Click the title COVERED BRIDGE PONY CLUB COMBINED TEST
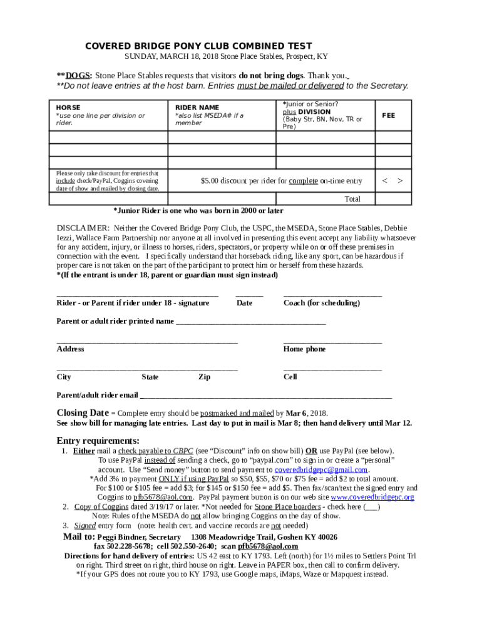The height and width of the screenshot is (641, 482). pos(198,46)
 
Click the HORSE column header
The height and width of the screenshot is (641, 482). pos(68,108)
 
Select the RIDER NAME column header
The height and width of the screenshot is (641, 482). pos(197,108)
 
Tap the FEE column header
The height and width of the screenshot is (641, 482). pos(389,116)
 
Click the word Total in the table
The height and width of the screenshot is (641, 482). pos(353,199)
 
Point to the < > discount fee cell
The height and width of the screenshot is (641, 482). pos(392,181)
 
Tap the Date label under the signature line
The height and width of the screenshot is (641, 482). pos(244,303)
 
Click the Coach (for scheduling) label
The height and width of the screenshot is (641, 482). pos(322,303)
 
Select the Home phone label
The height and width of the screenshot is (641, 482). pos(304,349)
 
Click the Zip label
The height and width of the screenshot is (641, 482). pos(204,377)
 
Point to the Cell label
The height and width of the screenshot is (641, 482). pos(290,377)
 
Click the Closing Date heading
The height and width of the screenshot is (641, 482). pos(83,413)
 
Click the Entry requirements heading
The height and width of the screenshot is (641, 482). pos(98,440)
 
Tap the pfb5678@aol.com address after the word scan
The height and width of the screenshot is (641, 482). pos(268,546)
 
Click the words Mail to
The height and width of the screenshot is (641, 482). pos(79,537)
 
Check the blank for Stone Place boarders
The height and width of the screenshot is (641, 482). pos(371,506)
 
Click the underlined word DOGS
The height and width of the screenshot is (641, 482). pos(79,76)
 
